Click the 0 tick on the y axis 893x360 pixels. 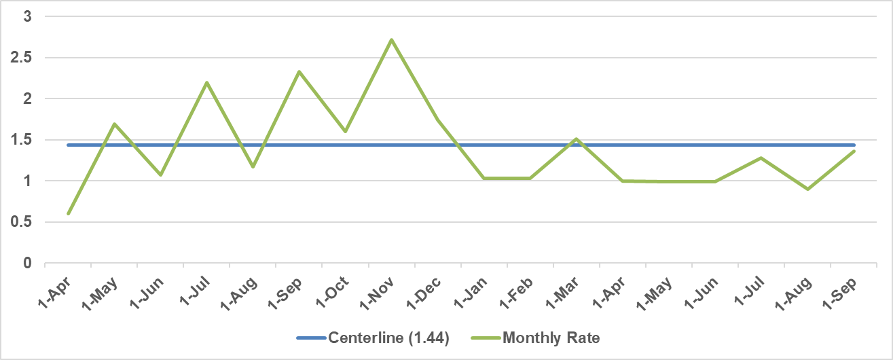[27, 263]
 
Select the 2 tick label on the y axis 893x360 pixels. [27, 99]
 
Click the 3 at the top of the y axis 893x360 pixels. [27, 17]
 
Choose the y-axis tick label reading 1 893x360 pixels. [27, 181]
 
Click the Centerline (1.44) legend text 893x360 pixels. [388, 338]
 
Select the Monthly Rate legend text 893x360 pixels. [551, 338]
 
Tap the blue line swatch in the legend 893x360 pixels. [310, 338]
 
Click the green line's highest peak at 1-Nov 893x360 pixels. [392, 40]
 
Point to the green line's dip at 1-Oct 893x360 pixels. [346, 131]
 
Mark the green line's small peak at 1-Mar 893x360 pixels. [576, 139]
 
